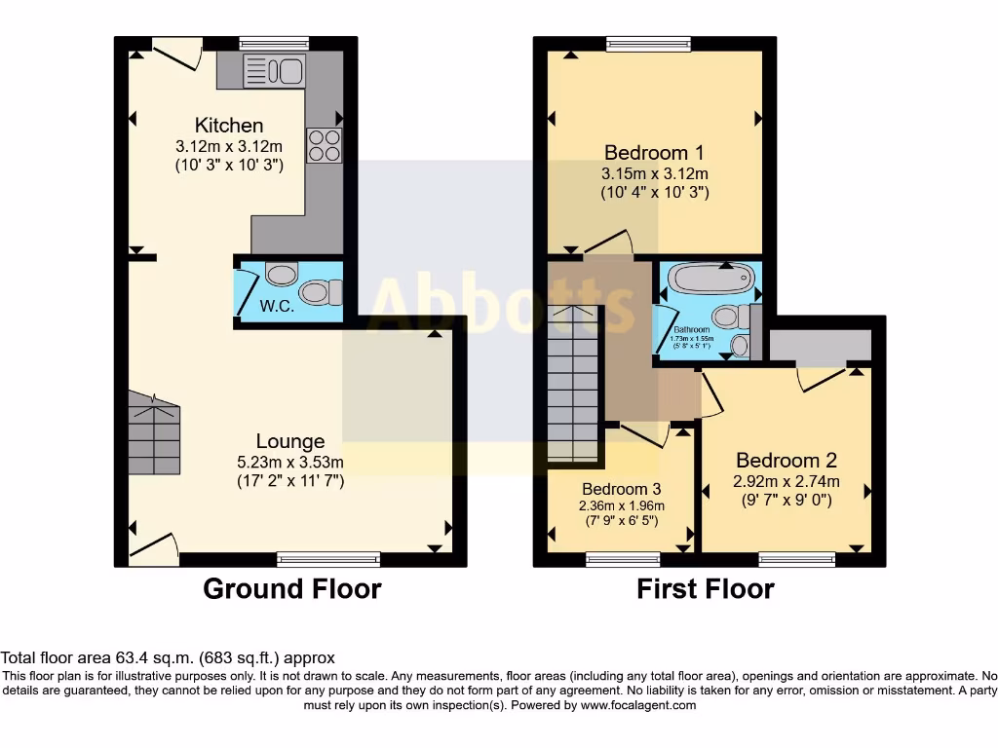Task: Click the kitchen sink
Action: pyautogui.click(x=275, y=70)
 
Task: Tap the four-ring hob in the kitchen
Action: pyautogui.click(x=325, y=145)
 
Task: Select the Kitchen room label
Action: pyautogui.click(x=229, y=126)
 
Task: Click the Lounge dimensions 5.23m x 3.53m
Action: pyautogui.click(x=290, y=462)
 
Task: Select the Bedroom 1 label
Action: pyautogui.click(x=654, y=153)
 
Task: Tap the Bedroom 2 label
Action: pyautogui.click(x=786, y=461)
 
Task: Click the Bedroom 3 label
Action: pyautogui.click(x=621, y=489)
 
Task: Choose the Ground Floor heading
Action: pyautogui.click(x=291, y=588)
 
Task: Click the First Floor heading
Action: pyautogui.click(x=706, y=588)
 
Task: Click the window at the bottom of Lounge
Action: pyautogui.click(x=327, y=559)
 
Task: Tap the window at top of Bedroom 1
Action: pyautogui.click(x=648, y=43)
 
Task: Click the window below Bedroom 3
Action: pyautogui.click(x=623, y=559)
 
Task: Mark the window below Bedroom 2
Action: pyautogui.click(x=796, y=559)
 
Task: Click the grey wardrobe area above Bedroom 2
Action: pyautogui.click(x=819, y=345)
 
